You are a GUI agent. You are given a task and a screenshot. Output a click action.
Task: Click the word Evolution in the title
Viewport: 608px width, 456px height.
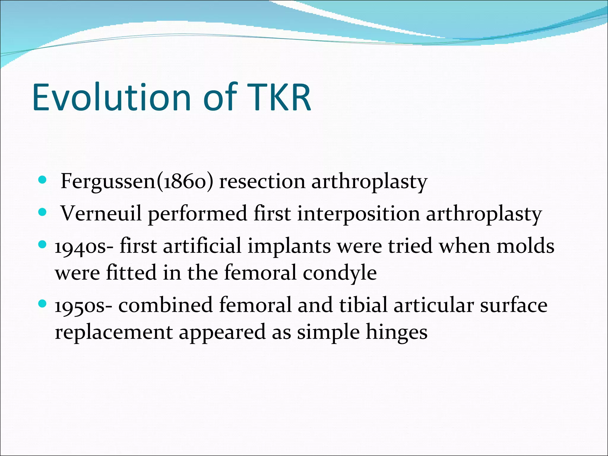111,97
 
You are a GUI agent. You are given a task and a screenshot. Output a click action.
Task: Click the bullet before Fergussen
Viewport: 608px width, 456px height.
43,180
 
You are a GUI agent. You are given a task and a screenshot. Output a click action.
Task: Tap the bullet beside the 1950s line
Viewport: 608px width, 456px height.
43,304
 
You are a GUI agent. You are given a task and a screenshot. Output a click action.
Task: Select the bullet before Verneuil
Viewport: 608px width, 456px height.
43,212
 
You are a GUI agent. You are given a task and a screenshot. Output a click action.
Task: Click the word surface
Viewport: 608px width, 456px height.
514,305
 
